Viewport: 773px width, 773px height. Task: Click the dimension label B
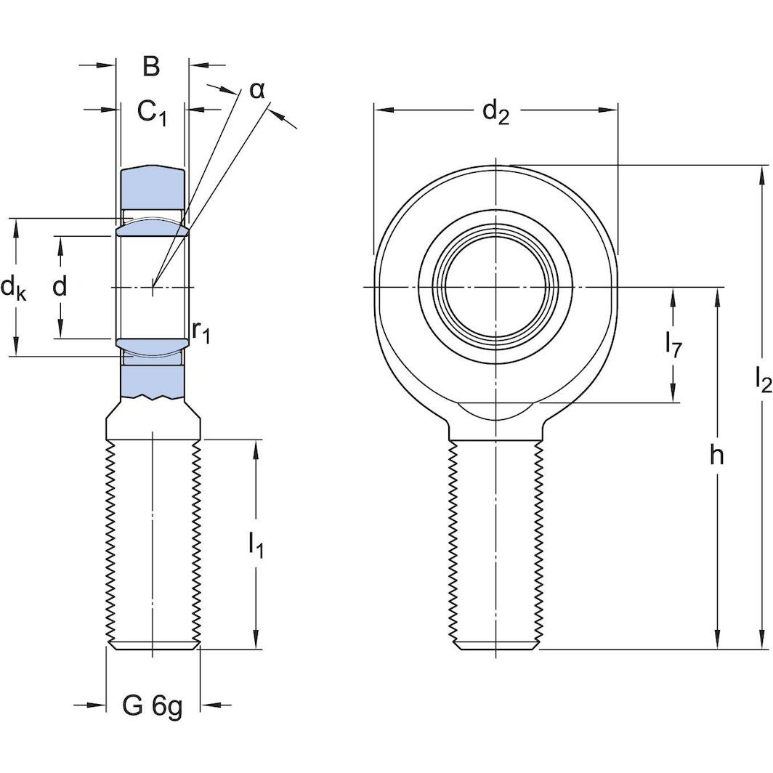pos(150,66)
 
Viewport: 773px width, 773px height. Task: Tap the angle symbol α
pos(257,90)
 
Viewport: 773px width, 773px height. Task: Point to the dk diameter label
pos(13,288)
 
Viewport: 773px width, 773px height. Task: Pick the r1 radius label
pos(201,331)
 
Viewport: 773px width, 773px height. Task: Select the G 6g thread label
pos(153,705)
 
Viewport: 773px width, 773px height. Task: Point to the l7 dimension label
pos(673,346)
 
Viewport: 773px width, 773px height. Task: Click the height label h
pos(717,456)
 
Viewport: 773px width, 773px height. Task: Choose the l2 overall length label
pos(762,380)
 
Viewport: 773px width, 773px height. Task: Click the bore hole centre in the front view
pos(496,288)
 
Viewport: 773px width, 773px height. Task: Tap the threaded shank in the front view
pos(496,545)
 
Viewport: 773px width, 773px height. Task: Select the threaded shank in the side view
pos(153,545)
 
